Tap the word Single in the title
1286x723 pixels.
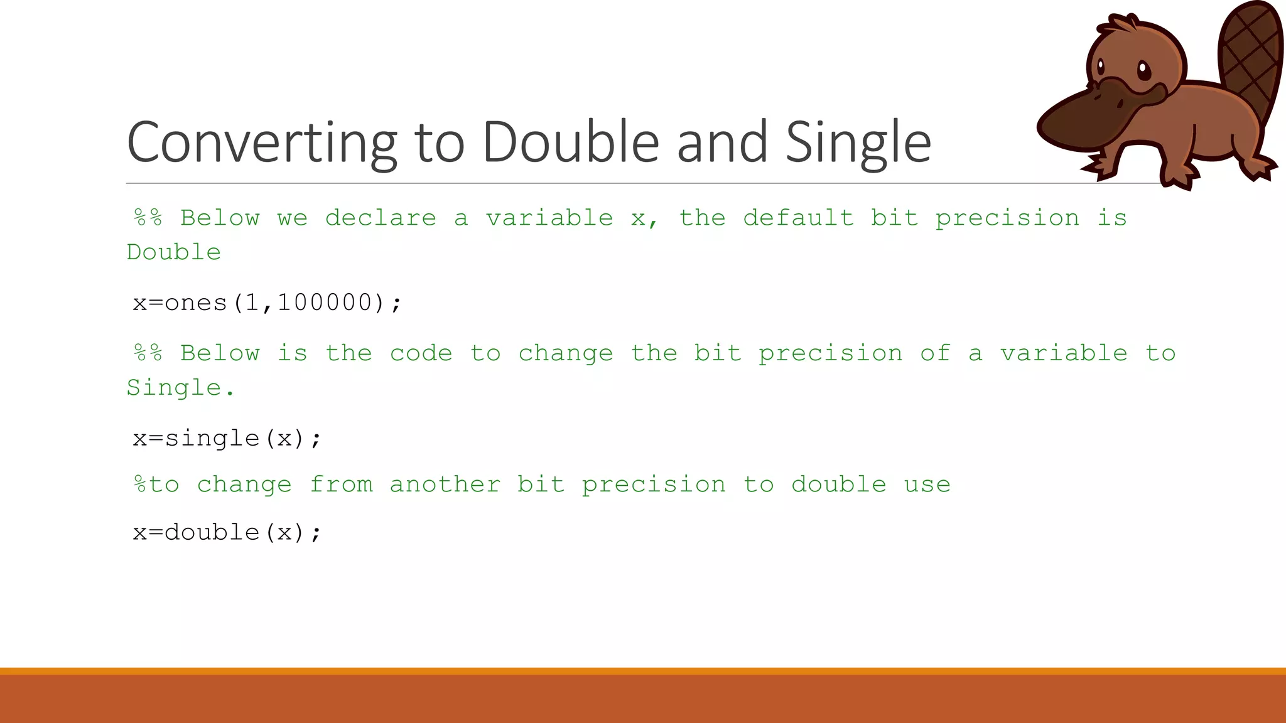858,142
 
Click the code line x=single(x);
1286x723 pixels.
227,438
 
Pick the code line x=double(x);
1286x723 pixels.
227,532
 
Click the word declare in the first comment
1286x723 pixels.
381,218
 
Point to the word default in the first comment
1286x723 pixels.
798,218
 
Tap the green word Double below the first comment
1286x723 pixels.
174,252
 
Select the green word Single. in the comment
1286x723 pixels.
180,388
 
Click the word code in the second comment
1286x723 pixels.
421,353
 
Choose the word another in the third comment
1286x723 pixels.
445,485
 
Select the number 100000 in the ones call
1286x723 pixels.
325,303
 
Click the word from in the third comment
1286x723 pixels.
341,485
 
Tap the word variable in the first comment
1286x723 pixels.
549,218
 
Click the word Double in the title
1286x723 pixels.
570,142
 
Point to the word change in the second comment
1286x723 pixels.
565,353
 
